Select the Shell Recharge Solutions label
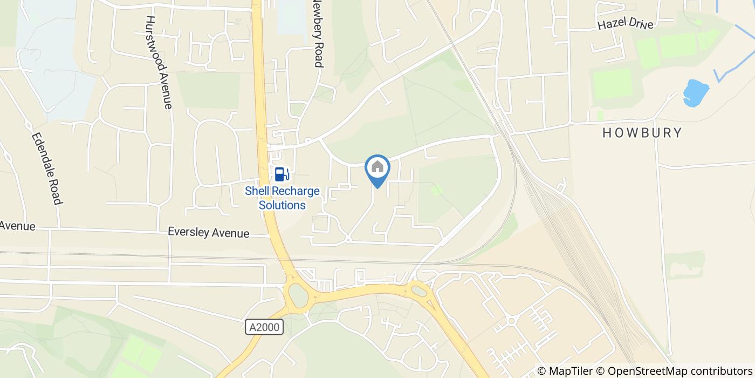point(282,198)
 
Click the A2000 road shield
point(264,327)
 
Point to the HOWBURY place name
point(642,133)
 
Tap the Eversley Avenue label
point(208,233)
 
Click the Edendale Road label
point(45,168)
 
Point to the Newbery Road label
point(318,33)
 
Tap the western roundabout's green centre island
point(298,295)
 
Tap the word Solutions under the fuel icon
point(282,205)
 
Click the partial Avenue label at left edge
point(17,226)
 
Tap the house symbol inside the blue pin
point(377,166)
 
